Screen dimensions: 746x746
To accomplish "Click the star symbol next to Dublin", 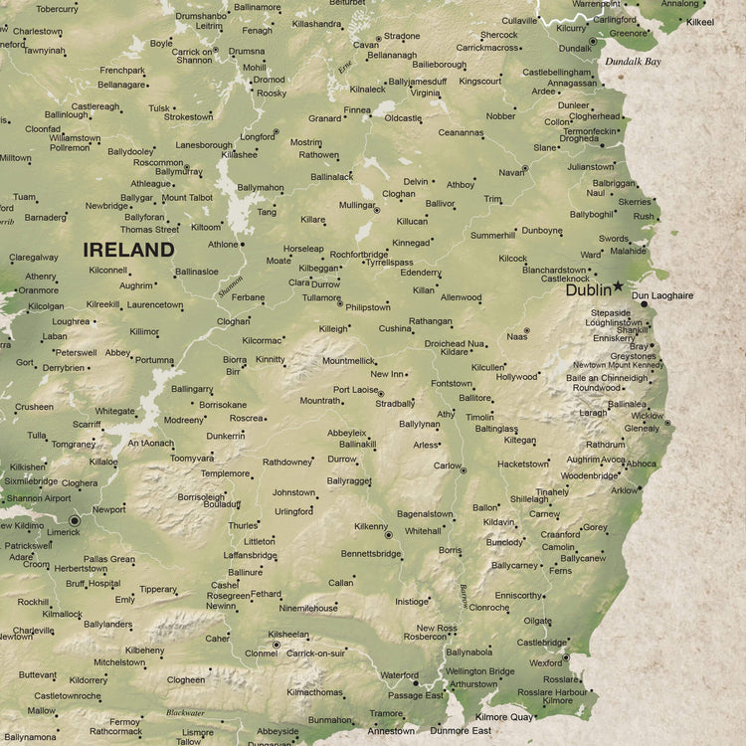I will [x=619, y=286].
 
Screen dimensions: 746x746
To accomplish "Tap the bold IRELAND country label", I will [x=128, y=250].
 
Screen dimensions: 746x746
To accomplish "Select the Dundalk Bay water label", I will [x=633, y=62].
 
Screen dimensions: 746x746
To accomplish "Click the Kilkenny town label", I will [x=370, y=525].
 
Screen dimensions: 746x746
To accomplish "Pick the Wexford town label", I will [x=546, y=662].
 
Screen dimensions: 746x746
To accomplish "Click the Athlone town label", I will [x=223, y=245].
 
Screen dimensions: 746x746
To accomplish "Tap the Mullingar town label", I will [x=357, y=205].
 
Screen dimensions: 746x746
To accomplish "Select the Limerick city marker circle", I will [x=75, y=519].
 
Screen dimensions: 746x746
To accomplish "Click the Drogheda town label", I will [x=579, y=138].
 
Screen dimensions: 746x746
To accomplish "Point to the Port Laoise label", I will [x=356, y=390].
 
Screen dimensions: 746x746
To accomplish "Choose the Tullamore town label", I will [x=321, y=297].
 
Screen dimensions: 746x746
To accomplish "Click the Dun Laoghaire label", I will [x=662, y=296].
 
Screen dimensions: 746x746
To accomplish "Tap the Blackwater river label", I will [x=185, y=712].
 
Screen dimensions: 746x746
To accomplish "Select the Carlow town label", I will [x=448, y=466].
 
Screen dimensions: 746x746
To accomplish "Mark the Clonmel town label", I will [x=261, y=653].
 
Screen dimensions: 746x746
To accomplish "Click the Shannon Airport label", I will [x=39, y=498].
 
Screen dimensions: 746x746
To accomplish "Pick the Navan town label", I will [x=511, y=172].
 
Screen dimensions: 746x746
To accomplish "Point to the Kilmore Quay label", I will [x=504, y=716].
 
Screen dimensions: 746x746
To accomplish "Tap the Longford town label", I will [x=258, y=136].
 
